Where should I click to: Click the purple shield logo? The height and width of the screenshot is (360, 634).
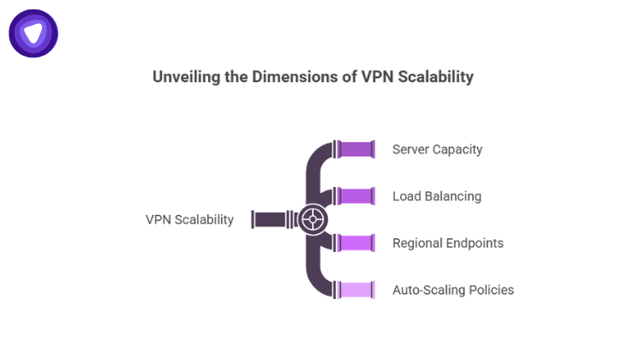[x=33, y=33]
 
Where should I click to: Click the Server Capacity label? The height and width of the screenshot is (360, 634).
[x=437, y=149]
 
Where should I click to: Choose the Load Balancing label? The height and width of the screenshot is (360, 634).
[x=436, y=196]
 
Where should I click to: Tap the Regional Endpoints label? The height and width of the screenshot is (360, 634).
[x=447, y=243]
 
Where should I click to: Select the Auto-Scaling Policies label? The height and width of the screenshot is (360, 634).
[x=452, y=290]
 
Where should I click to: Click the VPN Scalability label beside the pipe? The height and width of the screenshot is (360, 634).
[x=189, y=219]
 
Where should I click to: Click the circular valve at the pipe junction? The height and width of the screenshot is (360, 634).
[x=314, y=219]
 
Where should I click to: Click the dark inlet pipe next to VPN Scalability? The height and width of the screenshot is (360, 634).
[x=272, y=219]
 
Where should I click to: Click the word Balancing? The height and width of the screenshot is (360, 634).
[x=452, y=196]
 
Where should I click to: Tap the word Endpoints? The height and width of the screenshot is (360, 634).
[x=474, y=243]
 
